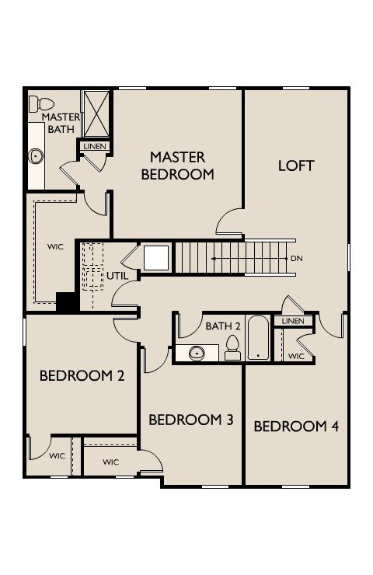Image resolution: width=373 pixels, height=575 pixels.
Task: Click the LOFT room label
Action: (296, 166)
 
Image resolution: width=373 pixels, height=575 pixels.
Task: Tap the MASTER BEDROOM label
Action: (177, 166)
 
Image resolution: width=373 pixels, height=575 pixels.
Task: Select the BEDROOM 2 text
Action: (82, 376)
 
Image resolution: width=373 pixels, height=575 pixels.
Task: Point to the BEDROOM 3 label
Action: (191, 420)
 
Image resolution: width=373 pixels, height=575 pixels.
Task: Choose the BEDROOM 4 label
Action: (296, 427)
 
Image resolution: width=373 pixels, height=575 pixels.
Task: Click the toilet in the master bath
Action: (41, 104)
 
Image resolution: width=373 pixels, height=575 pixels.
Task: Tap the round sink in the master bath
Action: (36, 157)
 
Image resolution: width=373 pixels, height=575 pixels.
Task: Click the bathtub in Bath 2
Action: (258, 338)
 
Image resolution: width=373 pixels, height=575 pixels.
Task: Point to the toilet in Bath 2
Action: (232, 348)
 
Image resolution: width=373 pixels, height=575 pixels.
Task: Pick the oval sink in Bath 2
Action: (197, 353)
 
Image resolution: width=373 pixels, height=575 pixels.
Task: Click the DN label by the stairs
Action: (297, 259)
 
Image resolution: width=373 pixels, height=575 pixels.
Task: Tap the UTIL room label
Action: (117, 276)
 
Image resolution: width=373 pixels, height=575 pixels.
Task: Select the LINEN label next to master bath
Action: (95, 146)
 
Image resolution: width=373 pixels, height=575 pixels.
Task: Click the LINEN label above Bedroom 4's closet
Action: (293, 321)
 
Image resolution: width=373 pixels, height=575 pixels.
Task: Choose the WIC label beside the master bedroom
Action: (55, 247)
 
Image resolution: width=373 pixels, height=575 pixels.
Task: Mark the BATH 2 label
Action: (223, 326)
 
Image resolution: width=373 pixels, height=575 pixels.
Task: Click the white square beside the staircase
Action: (156, 258)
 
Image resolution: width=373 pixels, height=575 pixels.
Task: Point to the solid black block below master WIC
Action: (66, 301)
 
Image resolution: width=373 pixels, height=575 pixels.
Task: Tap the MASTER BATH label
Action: (61, 124)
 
